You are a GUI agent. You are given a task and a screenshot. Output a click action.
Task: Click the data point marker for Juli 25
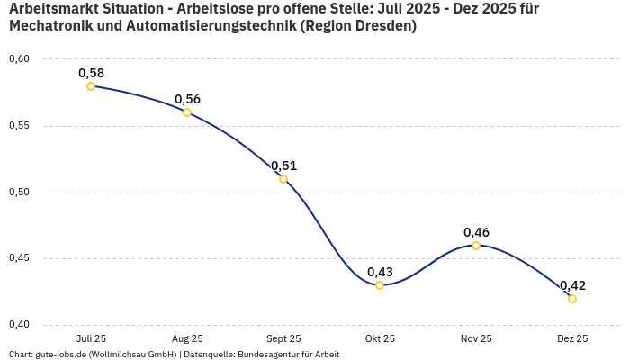91,86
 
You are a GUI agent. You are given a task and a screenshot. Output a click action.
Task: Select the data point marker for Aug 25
187,112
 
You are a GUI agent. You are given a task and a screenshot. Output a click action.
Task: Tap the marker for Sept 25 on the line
283,179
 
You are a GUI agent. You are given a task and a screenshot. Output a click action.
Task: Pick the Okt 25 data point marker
380,285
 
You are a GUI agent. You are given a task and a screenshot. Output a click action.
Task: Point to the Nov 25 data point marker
476,246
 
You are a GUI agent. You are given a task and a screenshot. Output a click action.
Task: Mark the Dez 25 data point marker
572,299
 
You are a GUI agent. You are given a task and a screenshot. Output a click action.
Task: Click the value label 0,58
91,72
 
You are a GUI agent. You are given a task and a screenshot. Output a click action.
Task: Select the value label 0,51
283,166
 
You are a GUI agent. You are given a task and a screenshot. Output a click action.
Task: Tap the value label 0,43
380,272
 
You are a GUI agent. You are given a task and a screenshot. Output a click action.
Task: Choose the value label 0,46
476,232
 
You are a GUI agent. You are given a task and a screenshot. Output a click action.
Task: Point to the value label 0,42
572,285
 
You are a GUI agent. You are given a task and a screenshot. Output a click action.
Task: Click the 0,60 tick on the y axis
20,59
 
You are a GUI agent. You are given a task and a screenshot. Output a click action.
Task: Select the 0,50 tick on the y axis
20,193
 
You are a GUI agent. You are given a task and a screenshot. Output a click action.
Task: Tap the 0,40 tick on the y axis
20,325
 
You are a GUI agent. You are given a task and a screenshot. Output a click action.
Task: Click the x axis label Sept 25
283,338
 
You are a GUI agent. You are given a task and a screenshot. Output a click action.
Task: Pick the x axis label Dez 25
572,338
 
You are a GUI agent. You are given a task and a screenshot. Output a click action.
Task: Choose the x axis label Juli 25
91,338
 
